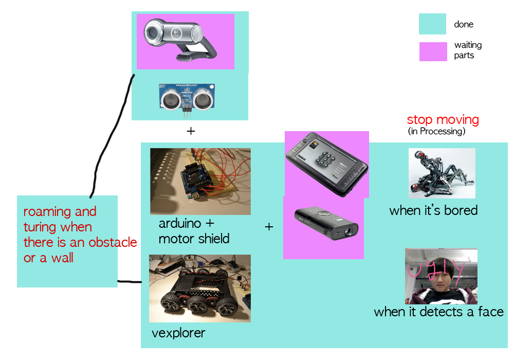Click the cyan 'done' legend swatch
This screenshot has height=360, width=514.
coord(432,24)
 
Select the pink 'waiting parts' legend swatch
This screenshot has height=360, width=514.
coord(433,51)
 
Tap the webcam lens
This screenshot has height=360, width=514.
coord(153,33)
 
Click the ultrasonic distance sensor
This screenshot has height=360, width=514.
coord(187,97)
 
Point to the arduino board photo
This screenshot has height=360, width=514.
coord(200,181)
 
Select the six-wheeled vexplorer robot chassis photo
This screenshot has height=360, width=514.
coord(199,288)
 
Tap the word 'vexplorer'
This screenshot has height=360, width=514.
coord(178,333)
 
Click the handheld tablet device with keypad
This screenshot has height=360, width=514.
coord(326,164)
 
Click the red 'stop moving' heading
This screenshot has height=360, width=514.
coord(443,120)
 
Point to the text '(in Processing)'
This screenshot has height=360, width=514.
coord(436,132)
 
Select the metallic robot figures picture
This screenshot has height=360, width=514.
coord(442,173)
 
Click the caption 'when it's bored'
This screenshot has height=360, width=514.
coord(433,210)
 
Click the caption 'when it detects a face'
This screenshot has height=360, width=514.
coord(438,312)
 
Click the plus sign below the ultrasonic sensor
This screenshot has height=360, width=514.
coord(191,131)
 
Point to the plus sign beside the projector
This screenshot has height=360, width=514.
coord(269,226)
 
